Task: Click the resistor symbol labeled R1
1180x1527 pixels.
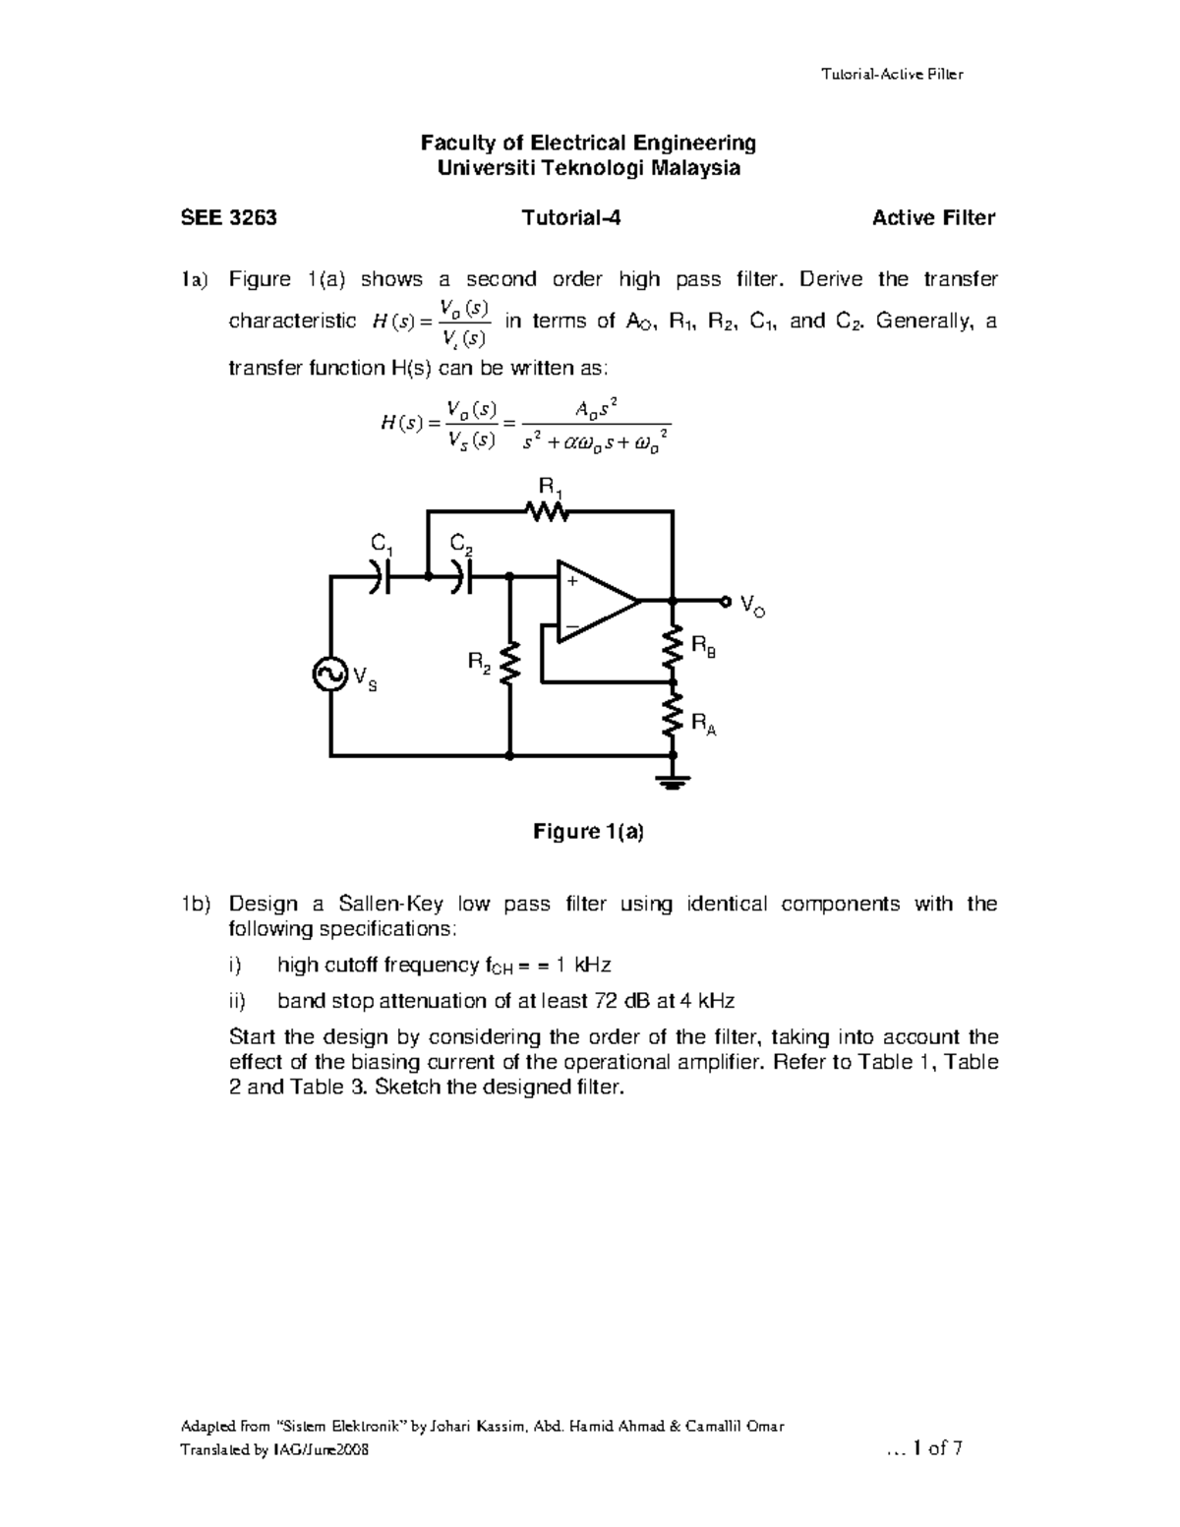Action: click(548, 511)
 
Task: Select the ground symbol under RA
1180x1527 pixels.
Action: click(674, 782)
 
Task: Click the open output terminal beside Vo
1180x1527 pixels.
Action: click(726, 600)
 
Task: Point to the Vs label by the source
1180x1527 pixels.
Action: click(364, 678)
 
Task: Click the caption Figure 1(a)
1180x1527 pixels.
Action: click(588, 832)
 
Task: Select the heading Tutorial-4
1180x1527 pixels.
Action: click(571, 218)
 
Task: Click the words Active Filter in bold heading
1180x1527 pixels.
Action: click(933, 218)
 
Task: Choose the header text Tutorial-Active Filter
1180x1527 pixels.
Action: click(891, 74)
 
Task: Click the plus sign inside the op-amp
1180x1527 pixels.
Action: click(570, 581)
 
